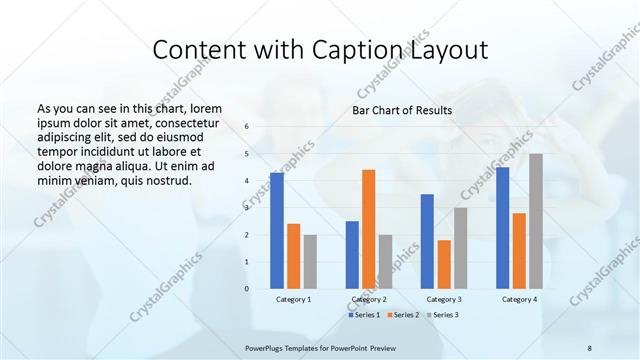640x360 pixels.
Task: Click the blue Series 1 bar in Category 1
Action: point(276,231)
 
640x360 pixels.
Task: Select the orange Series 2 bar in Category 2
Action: point(369,229)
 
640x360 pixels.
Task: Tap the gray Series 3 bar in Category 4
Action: point(536,221)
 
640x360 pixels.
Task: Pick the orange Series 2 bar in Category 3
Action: point(444,264)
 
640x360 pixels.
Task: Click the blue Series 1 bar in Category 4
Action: point(502,228)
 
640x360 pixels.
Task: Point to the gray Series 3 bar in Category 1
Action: point(310,262)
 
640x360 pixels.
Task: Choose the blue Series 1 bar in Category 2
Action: point(352,255)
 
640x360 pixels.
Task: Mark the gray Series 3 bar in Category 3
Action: point(461,248)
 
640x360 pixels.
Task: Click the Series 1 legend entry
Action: point(363,315)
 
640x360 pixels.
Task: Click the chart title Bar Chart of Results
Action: point(402,110)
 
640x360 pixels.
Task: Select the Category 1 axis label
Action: point(293,300)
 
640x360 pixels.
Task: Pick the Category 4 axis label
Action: point(519,300)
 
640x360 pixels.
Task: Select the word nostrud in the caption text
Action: point(162,180)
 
